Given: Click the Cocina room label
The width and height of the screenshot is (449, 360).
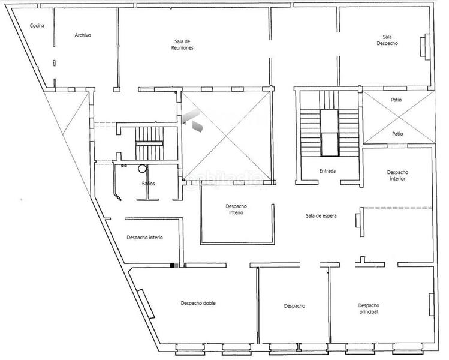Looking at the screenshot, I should pyautogui.click(x=37, y=25).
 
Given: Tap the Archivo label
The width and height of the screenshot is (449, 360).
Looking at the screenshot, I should pyautogui.click(x=83, y=35).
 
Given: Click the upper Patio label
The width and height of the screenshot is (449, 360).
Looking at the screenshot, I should pyautogui.click(x=396, y=100).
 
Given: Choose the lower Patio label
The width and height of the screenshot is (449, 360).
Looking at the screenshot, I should pyautogui.click(x=397, y=134).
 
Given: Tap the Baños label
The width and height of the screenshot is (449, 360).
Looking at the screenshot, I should pyautogui.click(x=149, y=184).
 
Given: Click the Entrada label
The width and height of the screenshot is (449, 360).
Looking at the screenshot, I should pyautogui.click(x=327, y=171).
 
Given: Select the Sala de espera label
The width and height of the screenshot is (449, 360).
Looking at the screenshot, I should pyautogui.click(x=320, y=216).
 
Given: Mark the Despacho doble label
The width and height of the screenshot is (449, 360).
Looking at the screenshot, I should pyautogui.click(x=198, y=303).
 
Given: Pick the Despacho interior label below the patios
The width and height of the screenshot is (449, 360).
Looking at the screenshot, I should pyautogui.click(x=397, y=175).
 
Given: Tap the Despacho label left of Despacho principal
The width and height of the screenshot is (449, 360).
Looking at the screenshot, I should pyautogui.click(x=294, y=306).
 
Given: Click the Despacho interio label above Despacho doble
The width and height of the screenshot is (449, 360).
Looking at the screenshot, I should pyautogui.click(x=145, y=238).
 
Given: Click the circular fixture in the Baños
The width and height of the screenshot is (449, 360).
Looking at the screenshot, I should pyautogui.click(x=143, y=169).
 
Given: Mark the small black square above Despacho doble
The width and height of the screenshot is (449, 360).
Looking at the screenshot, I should pyautogui.click(x=174, y=265).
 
